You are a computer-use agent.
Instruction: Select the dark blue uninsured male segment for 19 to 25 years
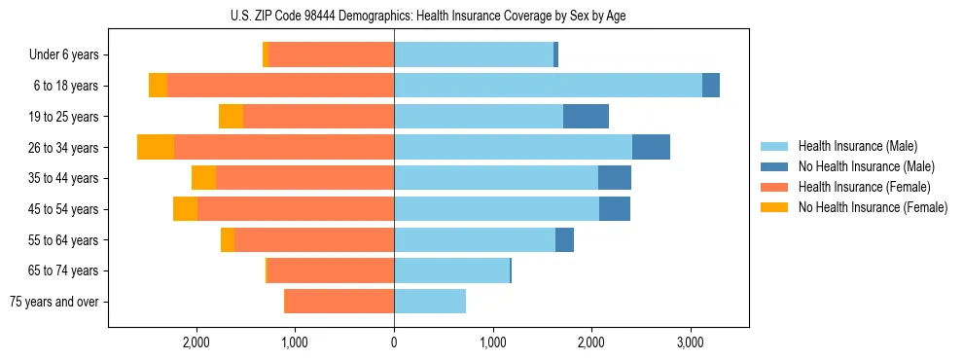click(x=586, y=117)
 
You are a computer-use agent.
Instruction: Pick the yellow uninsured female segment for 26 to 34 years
click(x=156, y=147)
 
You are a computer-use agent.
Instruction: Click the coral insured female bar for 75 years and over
click(x=339, y=302)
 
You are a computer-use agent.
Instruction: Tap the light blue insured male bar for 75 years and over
click(x=430, y=302)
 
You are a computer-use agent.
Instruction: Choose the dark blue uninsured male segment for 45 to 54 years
click(x=614, y=209)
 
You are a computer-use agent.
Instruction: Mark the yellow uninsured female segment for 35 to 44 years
click(x=203, y=178)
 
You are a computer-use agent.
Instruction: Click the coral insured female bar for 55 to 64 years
click(x=314, y=240)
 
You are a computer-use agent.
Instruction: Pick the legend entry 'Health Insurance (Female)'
click(x=864, y=187)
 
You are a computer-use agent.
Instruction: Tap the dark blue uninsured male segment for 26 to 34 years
click(x=651, y=147)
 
